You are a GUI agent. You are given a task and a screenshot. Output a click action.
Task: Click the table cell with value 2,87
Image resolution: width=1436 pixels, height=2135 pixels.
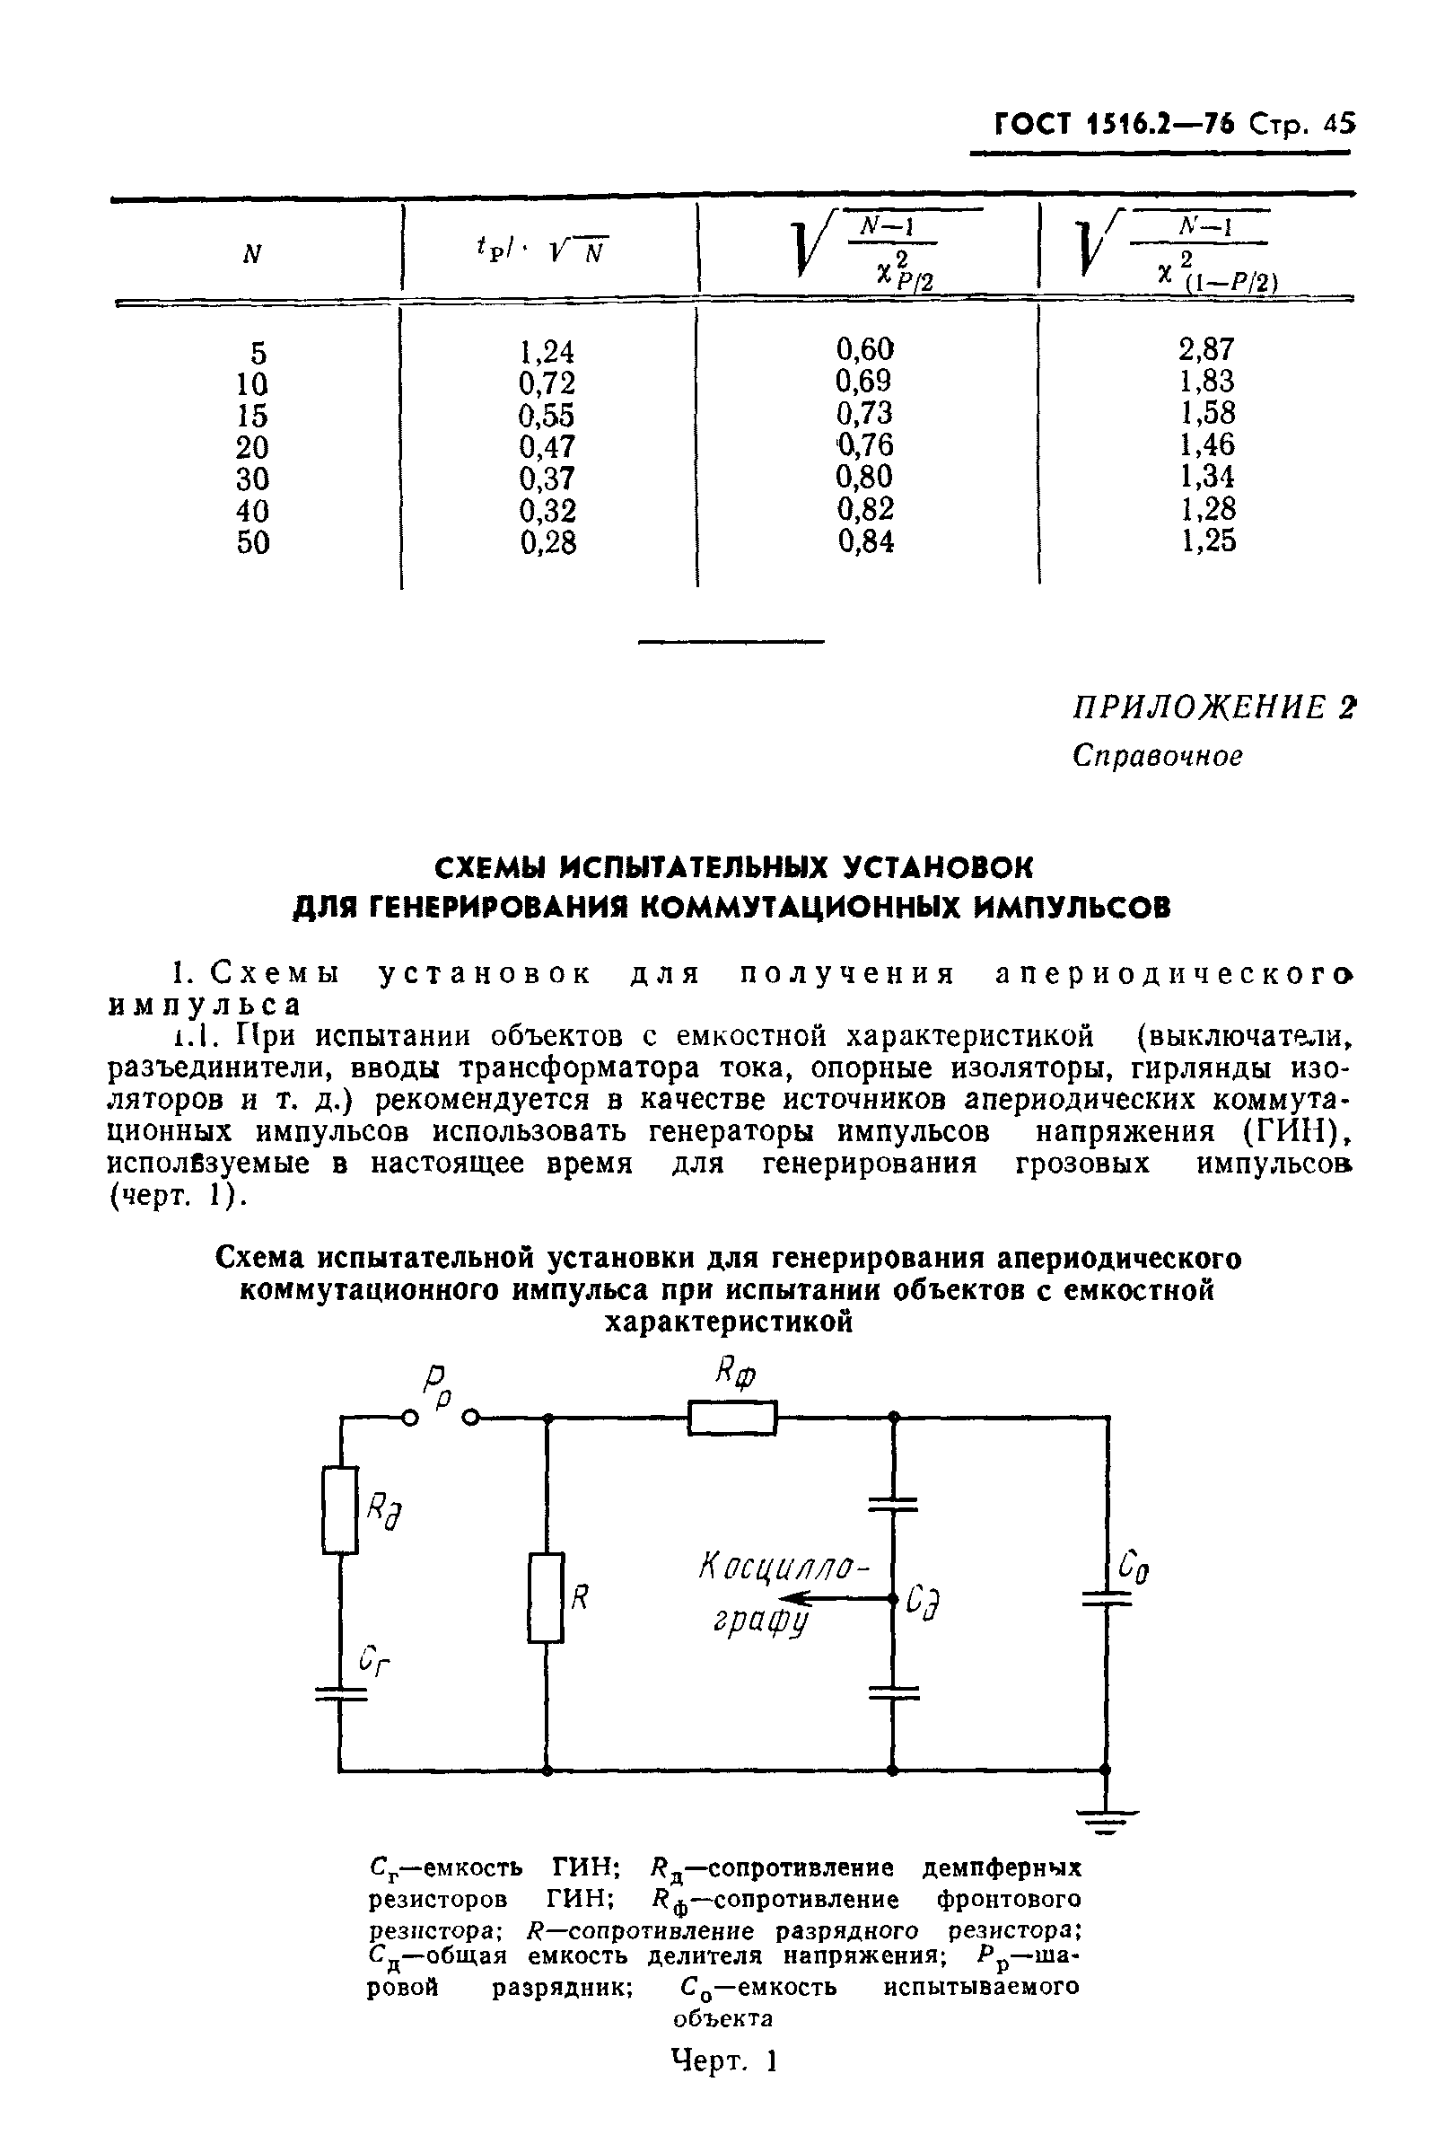tap(1206, 349)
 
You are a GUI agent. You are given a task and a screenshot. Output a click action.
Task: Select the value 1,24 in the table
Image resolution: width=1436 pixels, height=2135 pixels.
tap(547, 352)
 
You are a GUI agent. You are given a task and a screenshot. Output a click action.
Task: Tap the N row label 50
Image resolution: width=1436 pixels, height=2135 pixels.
tap(253, 542)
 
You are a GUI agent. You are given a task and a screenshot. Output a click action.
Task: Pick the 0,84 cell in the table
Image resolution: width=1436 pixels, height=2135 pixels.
tap(865, 542)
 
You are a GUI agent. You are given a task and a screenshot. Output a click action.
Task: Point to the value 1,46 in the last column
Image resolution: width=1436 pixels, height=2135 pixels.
tap(1207, 445)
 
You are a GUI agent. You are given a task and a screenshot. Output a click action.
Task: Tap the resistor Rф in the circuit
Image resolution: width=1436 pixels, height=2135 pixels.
tap(731, 1418)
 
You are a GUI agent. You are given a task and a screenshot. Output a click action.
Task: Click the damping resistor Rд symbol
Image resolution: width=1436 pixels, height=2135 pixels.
tap(340, 1510)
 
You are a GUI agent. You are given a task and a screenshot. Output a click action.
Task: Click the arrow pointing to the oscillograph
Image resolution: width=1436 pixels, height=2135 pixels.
tap(828, 1599)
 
